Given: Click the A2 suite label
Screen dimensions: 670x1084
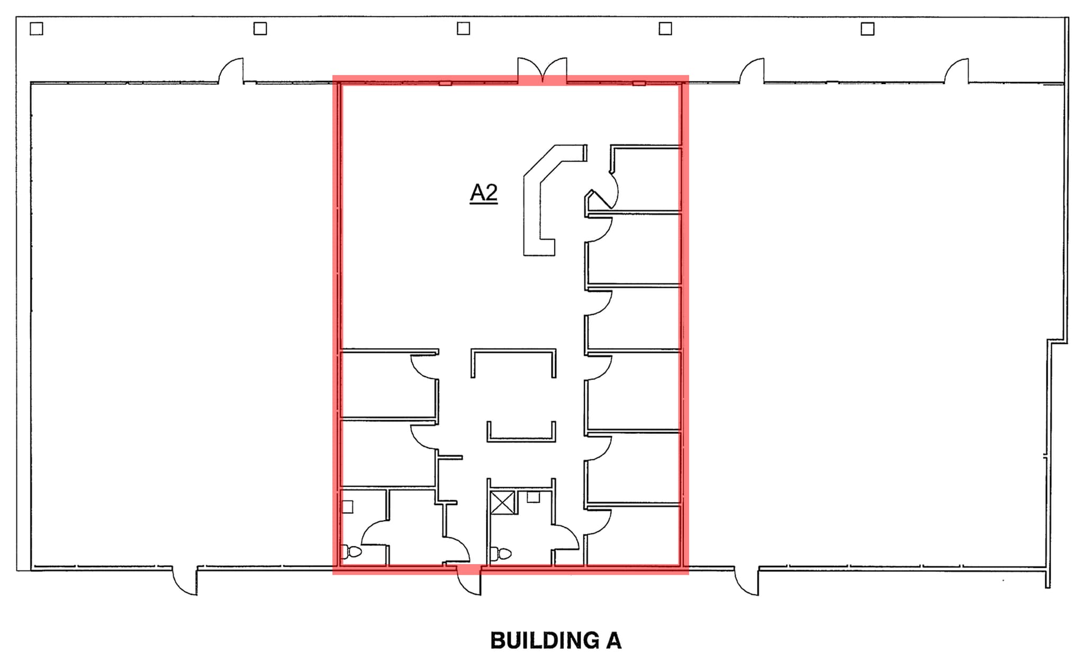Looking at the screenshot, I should point(484,193).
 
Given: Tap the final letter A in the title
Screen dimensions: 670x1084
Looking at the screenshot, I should point(613,640).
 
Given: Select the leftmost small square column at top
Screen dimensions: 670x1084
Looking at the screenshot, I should point(36,29).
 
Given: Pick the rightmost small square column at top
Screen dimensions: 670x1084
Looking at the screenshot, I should point(868,29).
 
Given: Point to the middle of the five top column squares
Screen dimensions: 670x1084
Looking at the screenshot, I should point(463,29).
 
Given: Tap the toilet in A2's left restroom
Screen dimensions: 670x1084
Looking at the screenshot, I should point(351,552).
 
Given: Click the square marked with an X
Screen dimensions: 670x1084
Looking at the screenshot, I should point(502,502).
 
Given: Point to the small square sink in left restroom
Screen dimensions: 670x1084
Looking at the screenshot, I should point(347,506).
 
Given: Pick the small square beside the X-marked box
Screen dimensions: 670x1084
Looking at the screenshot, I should point(533,497).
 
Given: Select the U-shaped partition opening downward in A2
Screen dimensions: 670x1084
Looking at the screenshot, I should point(513,360).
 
